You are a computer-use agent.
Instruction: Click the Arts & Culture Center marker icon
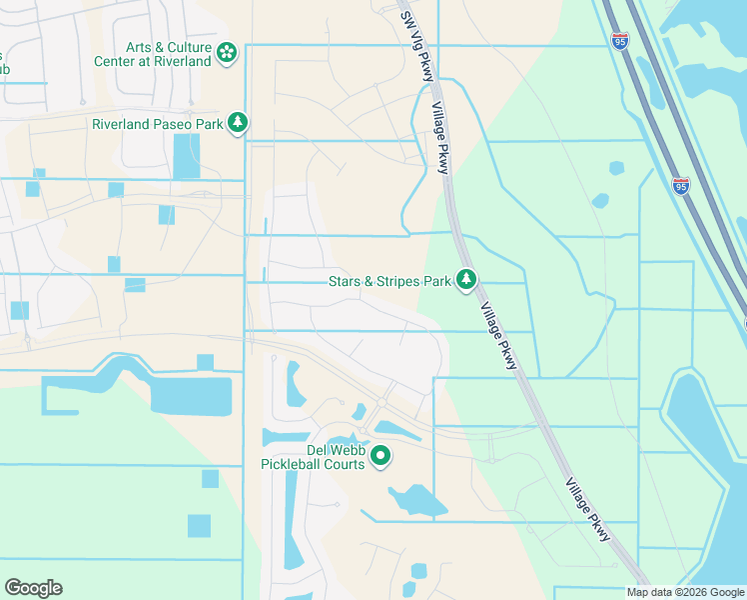(x=228, y=51)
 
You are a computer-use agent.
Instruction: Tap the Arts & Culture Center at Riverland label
(x=168, y=54)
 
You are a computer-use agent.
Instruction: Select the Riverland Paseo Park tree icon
(x=238, y=123)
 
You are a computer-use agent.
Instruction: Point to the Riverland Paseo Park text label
(x=157, y=124)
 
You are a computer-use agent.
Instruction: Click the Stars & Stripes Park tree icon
(x=465, y=281)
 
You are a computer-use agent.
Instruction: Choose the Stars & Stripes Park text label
(x=389, y=282)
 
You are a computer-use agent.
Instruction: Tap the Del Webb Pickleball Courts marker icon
(x=380, y=456)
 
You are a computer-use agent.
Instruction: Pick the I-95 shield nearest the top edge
(x=620, y=40)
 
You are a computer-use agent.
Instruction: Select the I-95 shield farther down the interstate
(x=681, y=186)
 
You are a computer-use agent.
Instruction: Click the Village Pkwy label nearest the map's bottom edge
(x=587, y=509)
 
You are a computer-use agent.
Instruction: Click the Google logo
(x=33, y=588)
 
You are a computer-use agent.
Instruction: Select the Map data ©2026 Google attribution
(x=685, y=592)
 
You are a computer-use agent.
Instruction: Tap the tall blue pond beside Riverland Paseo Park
(x=186, y=156)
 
